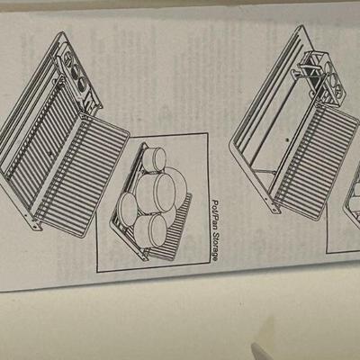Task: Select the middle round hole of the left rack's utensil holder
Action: coord(75,70)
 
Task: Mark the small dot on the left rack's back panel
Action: coord(50,154)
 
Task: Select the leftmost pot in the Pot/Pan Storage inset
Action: coord(128,209)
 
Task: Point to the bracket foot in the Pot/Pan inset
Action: coord(144,255)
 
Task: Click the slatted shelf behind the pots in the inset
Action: coord(171,228)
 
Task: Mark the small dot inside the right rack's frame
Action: coord(287,139)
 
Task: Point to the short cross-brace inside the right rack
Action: coord(265,172)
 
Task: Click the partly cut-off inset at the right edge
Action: coord(344,210)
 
